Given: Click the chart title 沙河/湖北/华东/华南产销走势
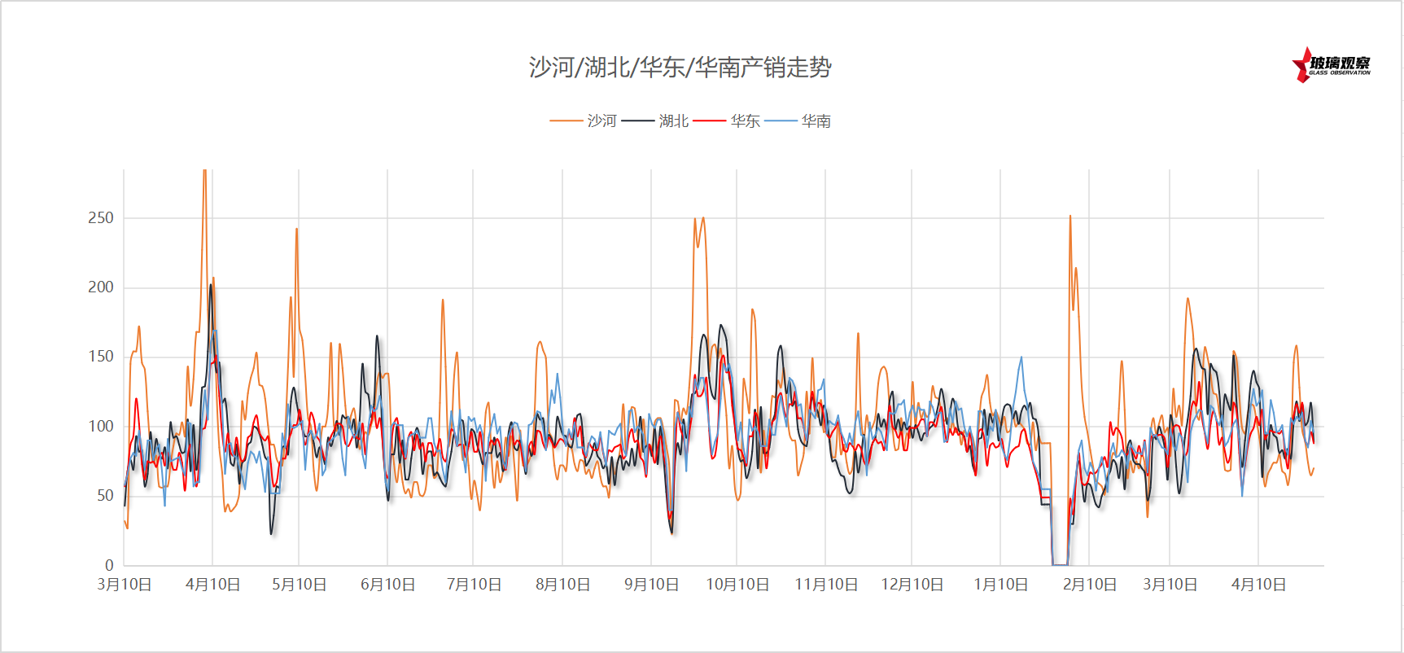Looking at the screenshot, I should (680, 67).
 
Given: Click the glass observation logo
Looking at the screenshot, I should (1332, 65).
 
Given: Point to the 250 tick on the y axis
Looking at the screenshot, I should (101, 217).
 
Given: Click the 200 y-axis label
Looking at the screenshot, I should (101, 287).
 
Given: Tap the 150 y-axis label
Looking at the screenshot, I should (101, 356).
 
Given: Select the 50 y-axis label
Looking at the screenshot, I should (105, 495).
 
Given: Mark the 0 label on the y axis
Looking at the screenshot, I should (109, 565).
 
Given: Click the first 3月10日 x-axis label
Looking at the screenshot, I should (125, 585).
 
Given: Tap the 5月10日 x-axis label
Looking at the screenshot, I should (300, 585).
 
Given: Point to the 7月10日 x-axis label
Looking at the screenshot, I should (474, 585).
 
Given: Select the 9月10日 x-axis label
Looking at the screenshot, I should (651, 585).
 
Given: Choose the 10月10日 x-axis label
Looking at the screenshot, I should (737, 585).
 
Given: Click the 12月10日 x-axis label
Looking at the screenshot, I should (912, 585).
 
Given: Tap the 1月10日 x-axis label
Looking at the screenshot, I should (1001, 585).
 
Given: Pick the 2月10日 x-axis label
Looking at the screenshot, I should (1090, 585).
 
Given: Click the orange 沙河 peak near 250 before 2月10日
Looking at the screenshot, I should (1070, 217).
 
